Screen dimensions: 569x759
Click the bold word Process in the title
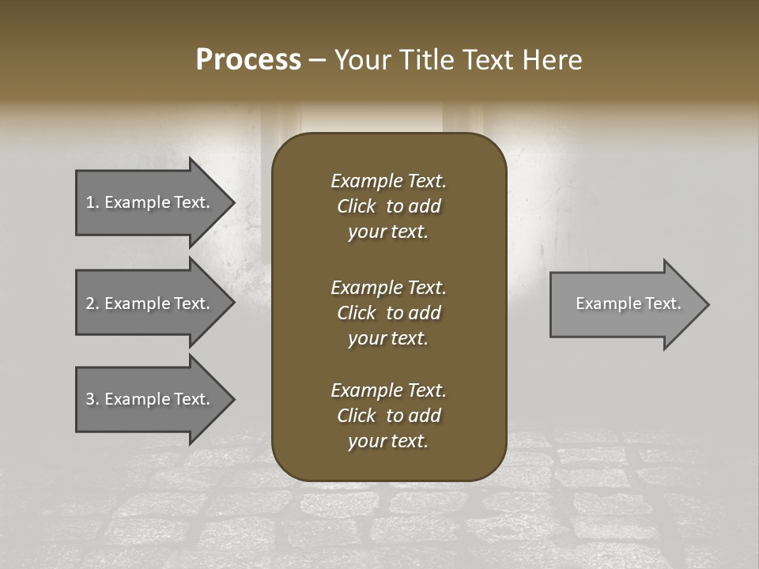(248, 60)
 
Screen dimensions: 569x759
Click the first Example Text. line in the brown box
(388, 181)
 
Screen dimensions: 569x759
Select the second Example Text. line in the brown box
(388, 287)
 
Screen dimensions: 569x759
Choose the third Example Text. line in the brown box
(388, 390)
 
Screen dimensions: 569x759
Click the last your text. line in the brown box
(388, 442)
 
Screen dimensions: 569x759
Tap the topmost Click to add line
(388, 206)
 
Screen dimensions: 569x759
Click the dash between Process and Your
(317, 61)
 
